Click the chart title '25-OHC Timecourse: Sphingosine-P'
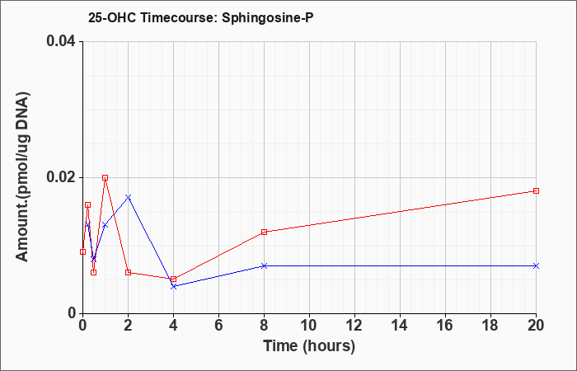[200, 17]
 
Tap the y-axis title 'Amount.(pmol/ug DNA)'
[22, 176]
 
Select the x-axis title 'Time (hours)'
[309, 346]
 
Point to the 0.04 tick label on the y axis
[60, 41]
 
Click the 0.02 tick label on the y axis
[60, 177]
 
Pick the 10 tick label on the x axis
[309, 326]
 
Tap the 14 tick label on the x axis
[400, 326]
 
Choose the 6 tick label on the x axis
[218, 326]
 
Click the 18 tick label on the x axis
[491, 326]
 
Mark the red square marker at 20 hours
[536, 190]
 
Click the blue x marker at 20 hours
[536, 265]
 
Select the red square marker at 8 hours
[264, 232]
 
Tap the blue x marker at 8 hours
[264, 265]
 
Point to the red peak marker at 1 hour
[106, 177]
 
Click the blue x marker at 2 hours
[128, 197]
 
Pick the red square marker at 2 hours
[128, 272]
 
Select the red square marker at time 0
[82, 251]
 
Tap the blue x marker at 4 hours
[173, 286]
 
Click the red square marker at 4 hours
[173, 279]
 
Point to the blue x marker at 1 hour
[106, 225]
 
